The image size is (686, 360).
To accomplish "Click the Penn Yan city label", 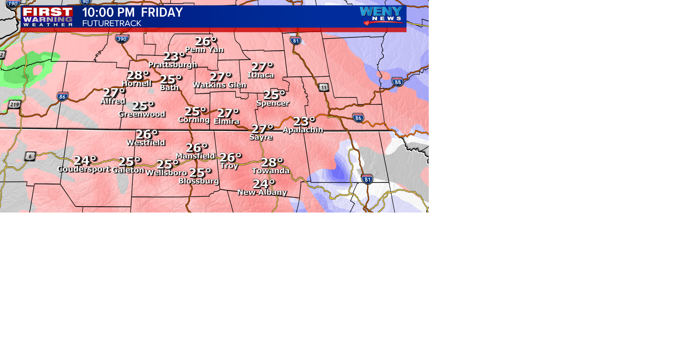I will pyautogui.click(x=204, y=50).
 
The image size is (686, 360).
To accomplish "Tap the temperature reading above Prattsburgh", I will pyautogui.click(x=174, y=56).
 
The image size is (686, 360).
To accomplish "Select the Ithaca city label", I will pyautogui.click(x=261, y=75).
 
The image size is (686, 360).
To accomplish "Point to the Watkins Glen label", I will pyautogui.click(x=219, y=85).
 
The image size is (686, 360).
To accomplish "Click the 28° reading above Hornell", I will pyautogui.click(x=138, y=75).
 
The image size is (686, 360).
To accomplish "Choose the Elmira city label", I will pyautogui.click(x=227, y=121).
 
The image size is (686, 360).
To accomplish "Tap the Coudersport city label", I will pyautogui.click(x=84, y=169).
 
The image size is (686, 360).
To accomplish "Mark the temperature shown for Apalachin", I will pyautogui.click(x=304, y=121).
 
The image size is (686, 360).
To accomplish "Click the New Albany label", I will pyautogui.click(x=262, y=192).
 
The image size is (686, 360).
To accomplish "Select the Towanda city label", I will pyautogui.click(x=270, y=171).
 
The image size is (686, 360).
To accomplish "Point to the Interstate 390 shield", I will pyautogui.click(x=122, y=39).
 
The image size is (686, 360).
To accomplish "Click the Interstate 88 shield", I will pyautogui.click(x=398, y=82).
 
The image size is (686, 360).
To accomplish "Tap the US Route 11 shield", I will pyautogui.click(x=323, y=87).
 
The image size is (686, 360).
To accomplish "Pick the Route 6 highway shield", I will pyautogui.click(x=30, y=156).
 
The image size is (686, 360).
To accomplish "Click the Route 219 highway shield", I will pyautogui.click(x=15, y=105).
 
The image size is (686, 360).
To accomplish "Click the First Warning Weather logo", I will pyautogui.click(x=48, y=17).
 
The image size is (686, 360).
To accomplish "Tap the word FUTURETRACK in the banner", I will pyautogui.click(x=112, y=24).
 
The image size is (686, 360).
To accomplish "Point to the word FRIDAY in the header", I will pyautogui.click(x=162, y=12).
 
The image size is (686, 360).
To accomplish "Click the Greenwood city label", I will pyautogui.click(x=142, y=114).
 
